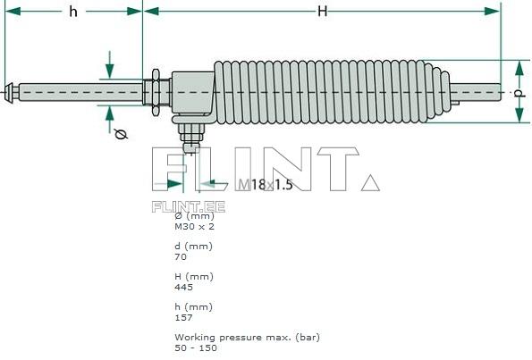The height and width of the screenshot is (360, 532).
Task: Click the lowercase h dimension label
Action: tap(72, 11)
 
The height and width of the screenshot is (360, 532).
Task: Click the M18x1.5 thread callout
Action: tap(266, 185)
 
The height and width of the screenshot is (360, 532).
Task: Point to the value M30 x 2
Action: tap(194, 227)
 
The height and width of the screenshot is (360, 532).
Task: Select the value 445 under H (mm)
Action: tap(183, 287)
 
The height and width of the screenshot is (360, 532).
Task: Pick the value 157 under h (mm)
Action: tap(183, 317)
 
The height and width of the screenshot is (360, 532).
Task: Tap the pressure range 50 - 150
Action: tap(195, 347)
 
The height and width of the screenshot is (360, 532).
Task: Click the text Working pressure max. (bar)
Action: tap(246, 337)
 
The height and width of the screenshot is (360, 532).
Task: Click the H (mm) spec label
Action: tap(193, 276)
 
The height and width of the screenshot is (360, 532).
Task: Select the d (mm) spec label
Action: tap(193, 246)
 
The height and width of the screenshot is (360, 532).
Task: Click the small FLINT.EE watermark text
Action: tap(188, 206)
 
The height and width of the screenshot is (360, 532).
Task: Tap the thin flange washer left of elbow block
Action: tap(157, 92)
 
